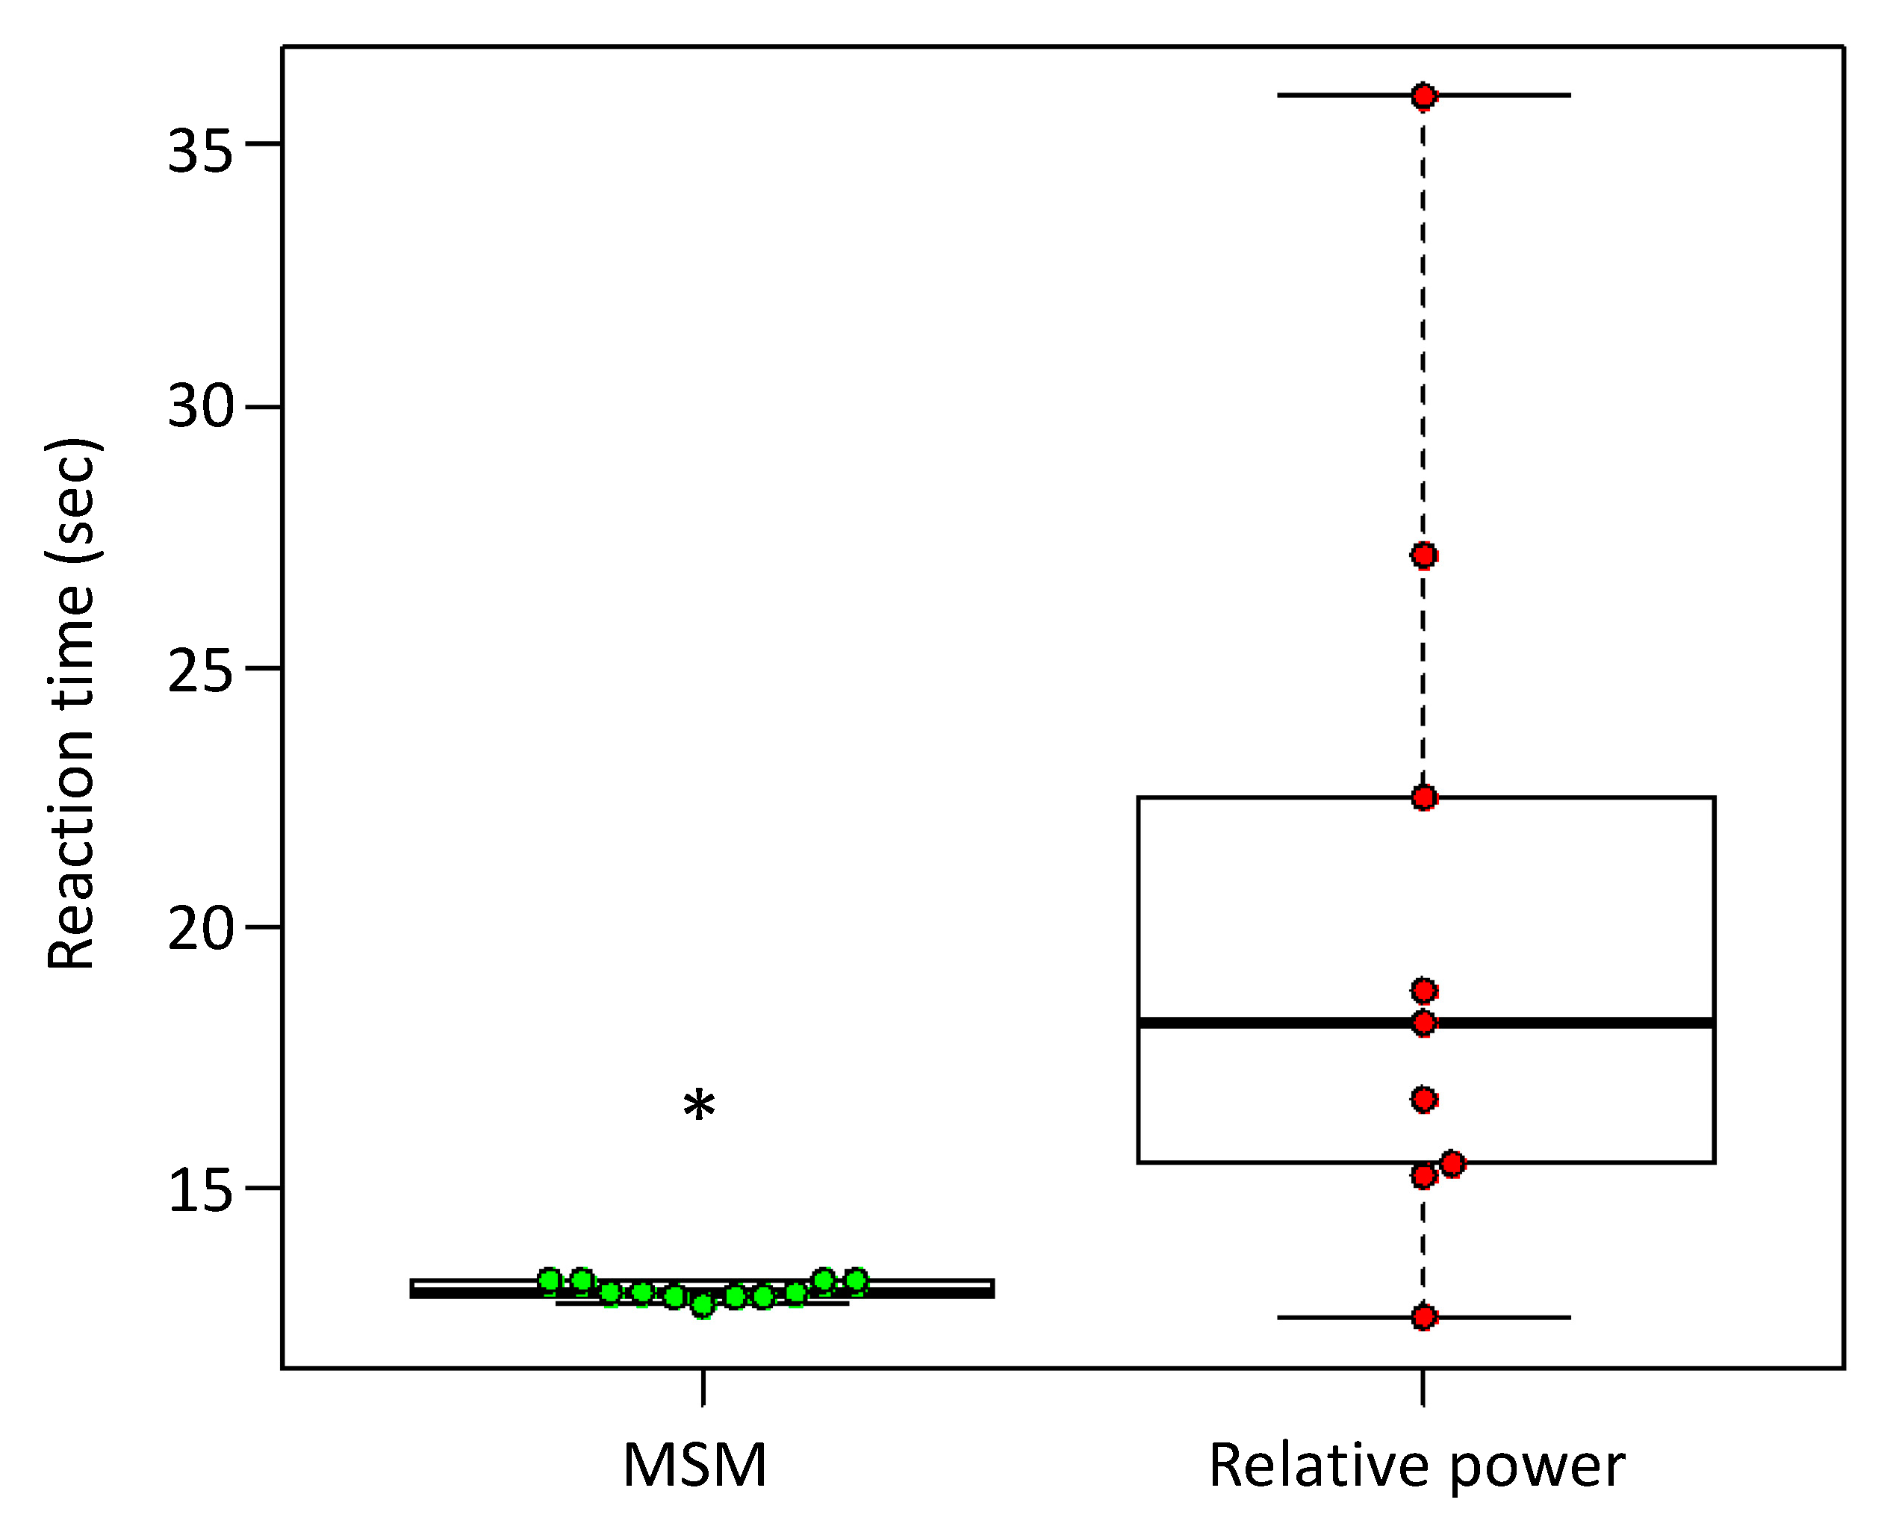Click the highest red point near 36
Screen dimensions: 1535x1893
click(x=1423, y=96)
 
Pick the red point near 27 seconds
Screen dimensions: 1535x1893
click(x=1423, y=555)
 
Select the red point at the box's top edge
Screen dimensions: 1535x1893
click(x=1423, y=797)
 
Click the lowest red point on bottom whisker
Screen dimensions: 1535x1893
click(x=1423, y=1316)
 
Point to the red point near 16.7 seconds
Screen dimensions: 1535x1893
click(x=1423, y=1100)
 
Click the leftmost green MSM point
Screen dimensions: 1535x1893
click(x=550, y=1280)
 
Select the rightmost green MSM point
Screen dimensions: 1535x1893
click(x=855, y=1280)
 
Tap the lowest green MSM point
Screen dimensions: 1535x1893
click(x=702, y=1305)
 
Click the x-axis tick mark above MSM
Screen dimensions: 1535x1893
click(x=703, y=1386)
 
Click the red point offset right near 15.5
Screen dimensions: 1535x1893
click(x=1452, y=1164)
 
